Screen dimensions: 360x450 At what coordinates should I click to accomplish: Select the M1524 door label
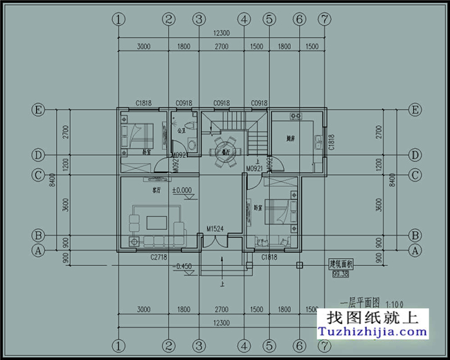point(216,228)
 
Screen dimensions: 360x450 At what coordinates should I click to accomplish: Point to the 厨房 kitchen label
point(291,138)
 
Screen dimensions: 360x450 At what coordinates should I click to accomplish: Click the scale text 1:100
point(393,303)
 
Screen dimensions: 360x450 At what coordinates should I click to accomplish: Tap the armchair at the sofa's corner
point(134,242)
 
